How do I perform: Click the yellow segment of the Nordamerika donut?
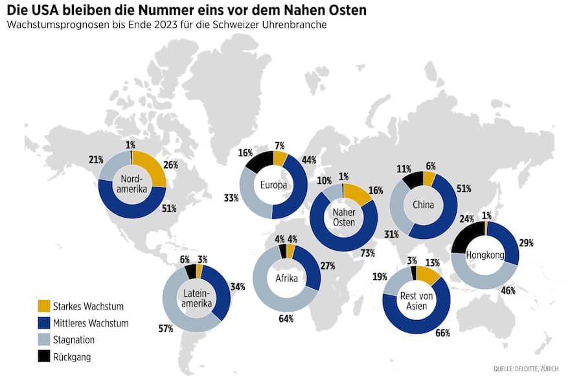[152, 166]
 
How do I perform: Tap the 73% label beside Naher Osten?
[368, 253]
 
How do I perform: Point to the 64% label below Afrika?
[286, 318]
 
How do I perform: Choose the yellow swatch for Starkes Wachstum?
[43, 306]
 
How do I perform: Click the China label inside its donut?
[422, 205]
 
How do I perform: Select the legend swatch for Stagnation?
[43, 339]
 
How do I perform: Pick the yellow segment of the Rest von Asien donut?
[429, 275]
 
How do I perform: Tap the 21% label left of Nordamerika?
[96, 159]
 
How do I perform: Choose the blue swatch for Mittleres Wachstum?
[43, 323]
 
